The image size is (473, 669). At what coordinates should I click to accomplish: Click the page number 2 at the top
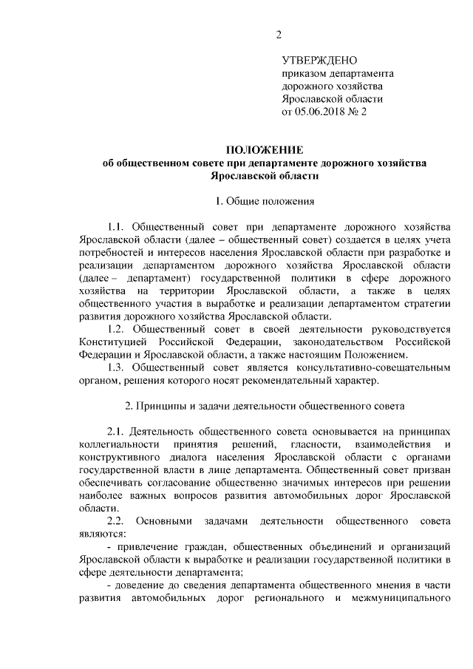(279, 34)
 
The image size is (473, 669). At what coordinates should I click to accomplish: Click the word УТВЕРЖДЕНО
(319, 60)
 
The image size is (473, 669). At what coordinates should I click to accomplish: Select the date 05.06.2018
(322, 113)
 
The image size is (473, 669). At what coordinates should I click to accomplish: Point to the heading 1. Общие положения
(265, 201)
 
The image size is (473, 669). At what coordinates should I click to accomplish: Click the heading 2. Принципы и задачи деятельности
(264, 407)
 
